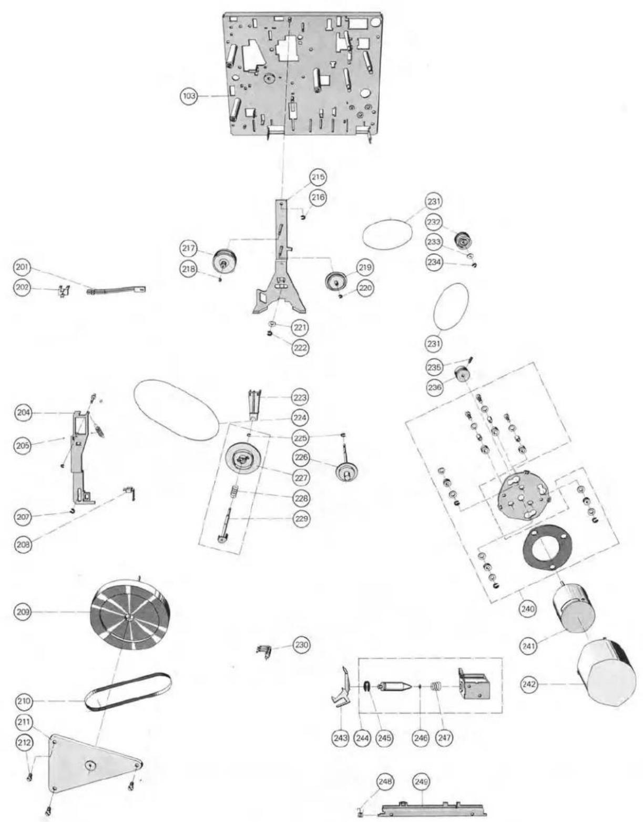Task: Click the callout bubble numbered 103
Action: click(188, 96)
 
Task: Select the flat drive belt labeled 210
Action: click(128, 691)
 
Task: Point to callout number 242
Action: click(529, 684)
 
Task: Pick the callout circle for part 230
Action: click(301, 643)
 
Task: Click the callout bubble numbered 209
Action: click(23, 612)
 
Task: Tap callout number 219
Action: click(364, 267)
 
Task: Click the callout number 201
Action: click(23, 267)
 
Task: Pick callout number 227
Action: click(301, 477)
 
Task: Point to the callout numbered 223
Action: click(301, 397)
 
